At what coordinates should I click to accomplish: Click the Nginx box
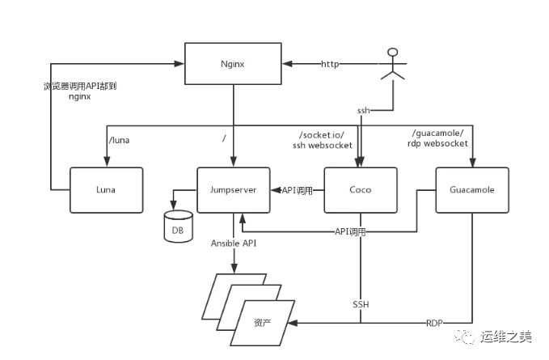click(233, 63)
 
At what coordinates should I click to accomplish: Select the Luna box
click(106, 190)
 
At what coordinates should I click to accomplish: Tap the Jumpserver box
click(234, 190)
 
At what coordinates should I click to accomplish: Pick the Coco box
click(359, 190)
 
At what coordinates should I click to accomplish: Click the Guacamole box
click(472, 190)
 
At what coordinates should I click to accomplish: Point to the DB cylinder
click(178, 227)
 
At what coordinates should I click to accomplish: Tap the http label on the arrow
click(330, 63)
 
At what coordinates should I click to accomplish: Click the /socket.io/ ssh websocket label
click(323, 139)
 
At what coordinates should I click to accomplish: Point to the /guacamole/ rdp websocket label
click(439, 139)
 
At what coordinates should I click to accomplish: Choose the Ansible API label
click(234, 244)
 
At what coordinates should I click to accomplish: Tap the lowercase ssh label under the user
click(364, 109)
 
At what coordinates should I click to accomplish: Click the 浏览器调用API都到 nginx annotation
click(78, 90)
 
